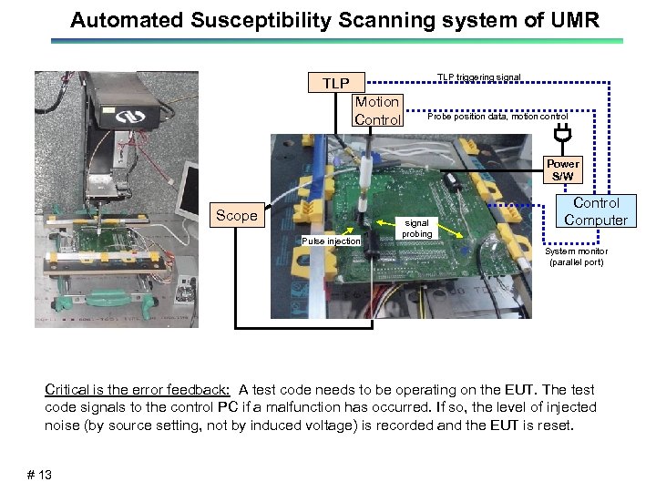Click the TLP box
(335, 84)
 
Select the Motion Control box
(377, 110)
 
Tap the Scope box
(236, 216)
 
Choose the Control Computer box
(595, 211)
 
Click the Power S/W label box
(562, 169)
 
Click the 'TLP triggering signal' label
(478, 77)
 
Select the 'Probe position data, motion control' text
(497, 117)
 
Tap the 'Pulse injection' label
(331, 241)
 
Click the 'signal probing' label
(417, 228)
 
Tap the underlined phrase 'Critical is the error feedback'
(138, 389)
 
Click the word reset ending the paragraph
(556, 425)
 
